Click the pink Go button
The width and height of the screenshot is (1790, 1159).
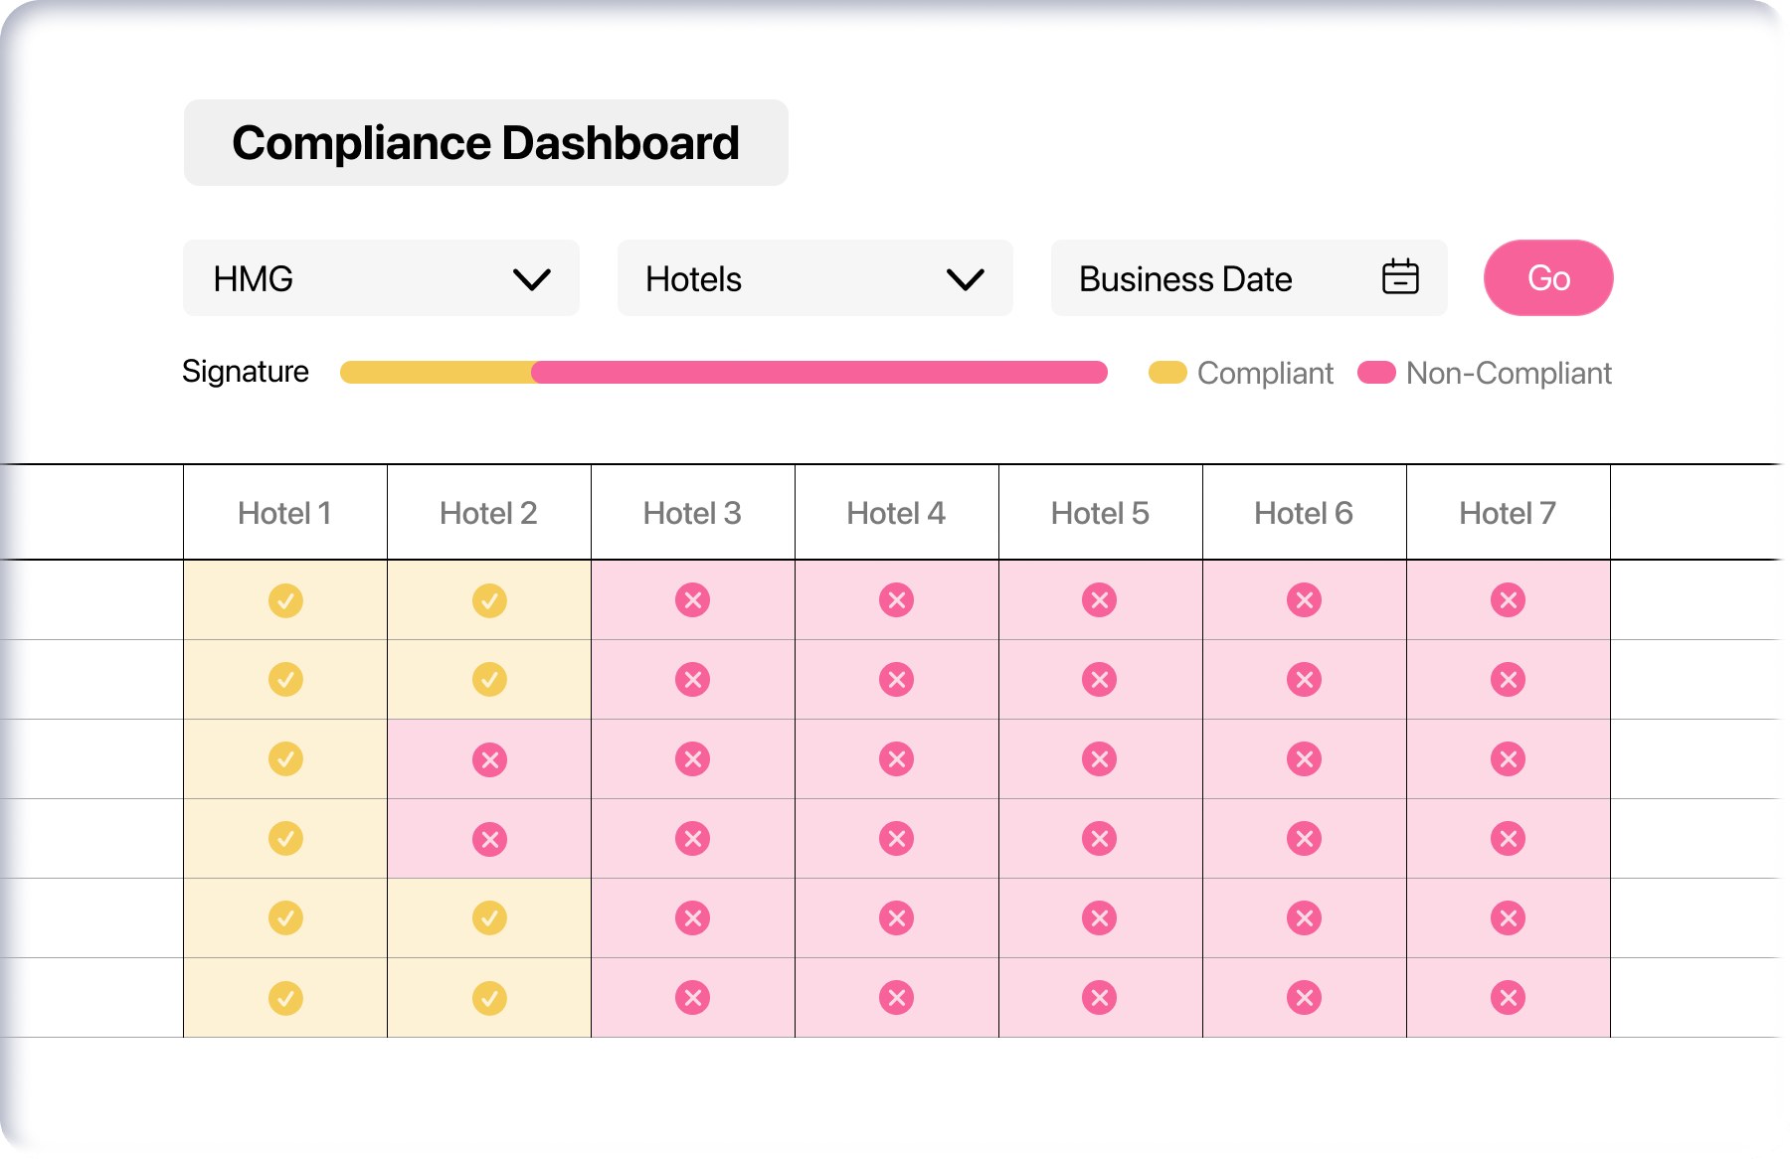tap(1547, 278)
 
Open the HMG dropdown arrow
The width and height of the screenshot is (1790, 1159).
tap(532, 279)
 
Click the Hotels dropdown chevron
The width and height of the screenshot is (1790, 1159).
tap(965, 279)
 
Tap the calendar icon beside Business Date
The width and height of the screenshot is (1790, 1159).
tap(1400, 277)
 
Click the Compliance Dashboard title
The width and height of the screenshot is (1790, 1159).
tap(485, 143)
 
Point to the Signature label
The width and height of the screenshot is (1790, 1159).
tap(246, 372)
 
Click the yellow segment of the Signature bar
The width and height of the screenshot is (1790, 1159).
tap(436, 373)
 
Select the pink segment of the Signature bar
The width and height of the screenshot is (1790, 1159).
tap(819, 373)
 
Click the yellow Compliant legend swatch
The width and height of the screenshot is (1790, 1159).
tap(1167, 373)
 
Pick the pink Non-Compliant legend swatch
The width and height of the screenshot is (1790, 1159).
tap(1376, 373)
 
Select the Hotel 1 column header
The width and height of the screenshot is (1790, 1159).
tap(284, 513)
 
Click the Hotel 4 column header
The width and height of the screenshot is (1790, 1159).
tap(896, 513)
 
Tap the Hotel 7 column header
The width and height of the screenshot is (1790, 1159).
tap(1508, 513)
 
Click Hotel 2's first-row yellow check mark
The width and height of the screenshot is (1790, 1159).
tap(489, 600)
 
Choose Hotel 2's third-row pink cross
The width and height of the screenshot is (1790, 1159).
tap(489, 759)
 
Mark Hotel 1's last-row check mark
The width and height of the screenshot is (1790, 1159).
tap(285, 998)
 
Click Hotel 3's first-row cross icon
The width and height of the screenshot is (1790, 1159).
tap(692, 600)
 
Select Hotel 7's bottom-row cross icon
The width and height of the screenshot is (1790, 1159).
tap(1508, 998)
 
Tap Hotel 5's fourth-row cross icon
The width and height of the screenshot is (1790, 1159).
tap(1100, 839)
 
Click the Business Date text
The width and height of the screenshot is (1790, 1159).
tap(1185, 279)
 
